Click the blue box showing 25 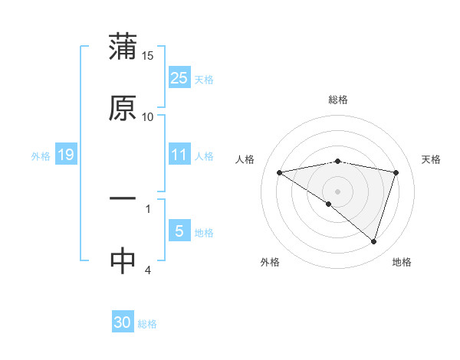[x=179, y=77]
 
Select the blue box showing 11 [x=179, y=155]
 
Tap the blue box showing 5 [x=179, y=231]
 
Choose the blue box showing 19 [x=66, y=155]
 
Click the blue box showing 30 [x=123, y=322]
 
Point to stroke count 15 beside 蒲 [x=148, y=55]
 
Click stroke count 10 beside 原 [x=148, y=116]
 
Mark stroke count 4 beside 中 [x=148, y=270]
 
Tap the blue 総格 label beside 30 [x=147, y=324]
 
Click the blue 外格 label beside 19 [x=41, y=155]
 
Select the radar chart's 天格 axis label [x=431, y=159]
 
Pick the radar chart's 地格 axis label [x=402, y=262]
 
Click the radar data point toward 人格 [x=279, y=172]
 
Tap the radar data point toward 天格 [x=396, y=172]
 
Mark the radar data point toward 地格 [x=374, y=241]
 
